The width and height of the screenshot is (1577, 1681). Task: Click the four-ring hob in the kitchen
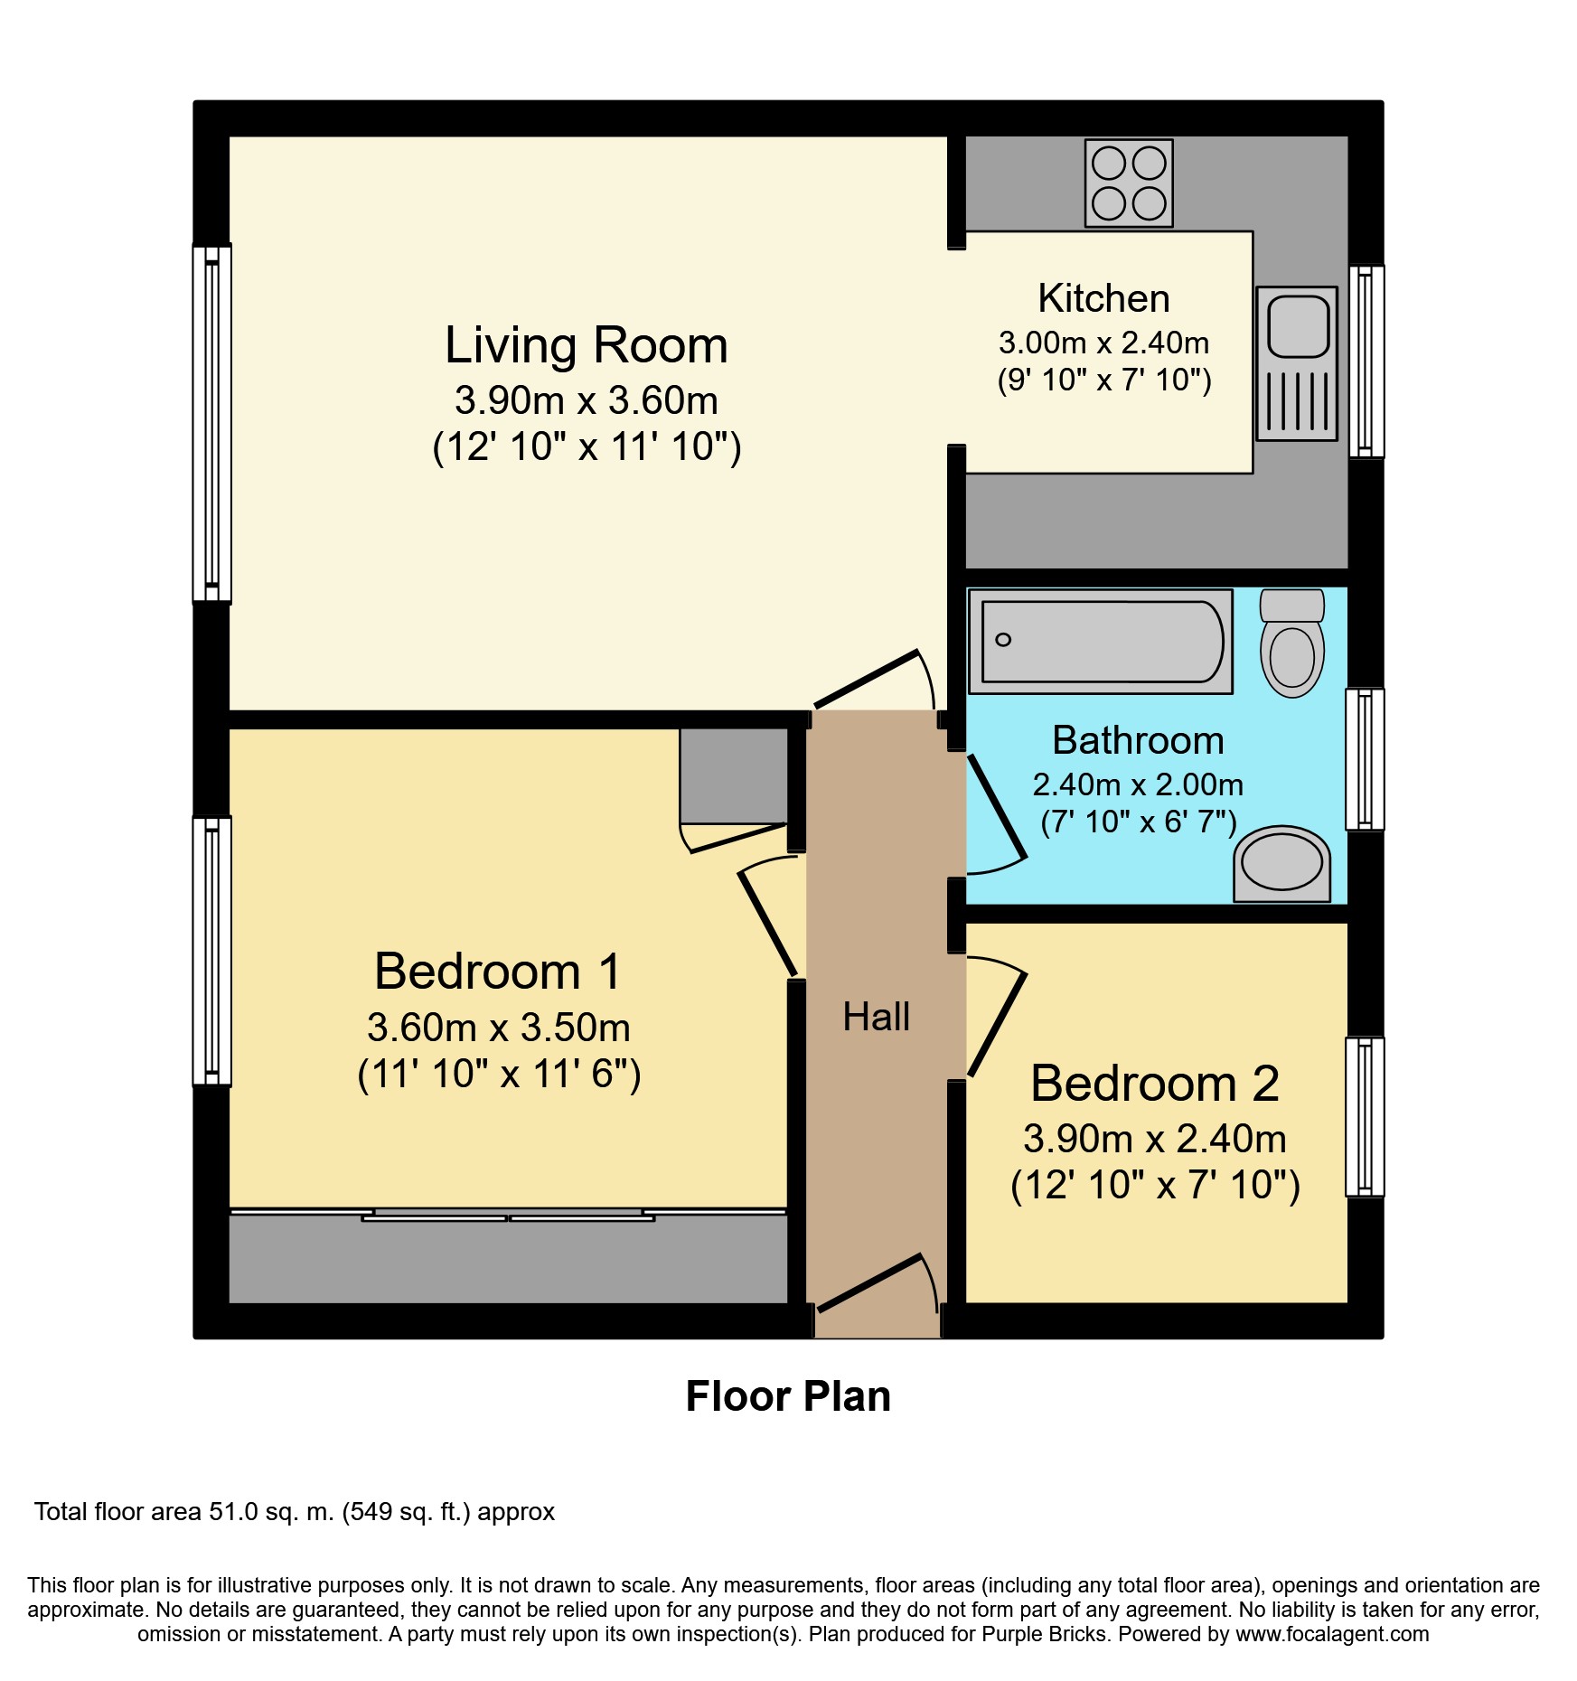1129,183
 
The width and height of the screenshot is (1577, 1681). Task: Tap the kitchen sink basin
1298,324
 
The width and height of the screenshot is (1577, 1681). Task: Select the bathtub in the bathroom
1100,641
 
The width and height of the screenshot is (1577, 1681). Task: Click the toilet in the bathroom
1292,643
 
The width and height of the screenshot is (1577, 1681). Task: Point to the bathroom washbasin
1282,863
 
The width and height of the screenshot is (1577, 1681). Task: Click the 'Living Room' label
587,345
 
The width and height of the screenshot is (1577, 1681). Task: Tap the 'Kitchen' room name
1103,298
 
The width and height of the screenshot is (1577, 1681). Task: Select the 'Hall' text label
876,1017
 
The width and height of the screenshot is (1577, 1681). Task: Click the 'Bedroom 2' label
1155,1083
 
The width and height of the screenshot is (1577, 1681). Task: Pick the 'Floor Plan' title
788,1396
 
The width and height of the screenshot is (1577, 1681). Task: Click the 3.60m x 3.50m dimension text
499,1028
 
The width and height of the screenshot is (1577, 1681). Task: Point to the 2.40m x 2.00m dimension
1138,784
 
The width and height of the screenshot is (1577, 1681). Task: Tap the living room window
212,423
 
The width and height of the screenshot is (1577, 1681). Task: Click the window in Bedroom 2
1365,1117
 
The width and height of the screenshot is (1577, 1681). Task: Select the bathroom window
1365,759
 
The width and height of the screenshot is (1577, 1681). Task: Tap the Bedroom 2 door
997,1017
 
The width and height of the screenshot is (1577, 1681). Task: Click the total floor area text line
295,1511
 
